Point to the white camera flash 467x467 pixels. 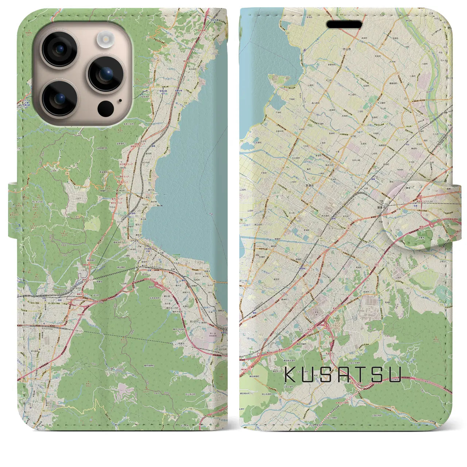106,39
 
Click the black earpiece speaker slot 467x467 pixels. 344,24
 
